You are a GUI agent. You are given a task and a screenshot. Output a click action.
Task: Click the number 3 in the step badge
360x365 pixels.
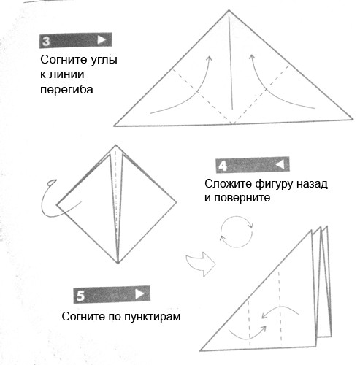coord(46,41)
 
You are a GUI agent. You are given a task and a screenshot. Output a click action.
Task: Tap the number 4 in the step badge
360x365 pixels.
coord(223,166)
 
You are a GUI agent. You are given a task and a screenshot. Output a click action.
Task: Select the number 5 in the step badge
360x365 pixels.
coord(80,296)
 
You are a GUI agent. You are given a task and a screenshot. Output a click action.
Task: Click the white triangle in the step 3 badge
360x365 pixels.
coord(102,40)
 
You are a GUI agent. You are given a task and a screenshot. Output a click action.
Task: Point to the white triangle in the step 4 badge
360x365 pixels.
coord(280,164)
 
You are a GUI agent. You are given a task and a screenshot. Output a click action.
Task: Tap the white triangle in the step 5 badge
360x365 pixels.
coord(139,294)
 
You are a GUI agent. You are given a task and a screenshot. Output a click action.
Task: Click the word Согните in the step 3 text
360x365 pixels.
coord(61,60)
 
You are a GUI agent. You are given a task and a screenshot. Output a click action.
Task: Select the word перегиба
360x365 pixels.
coord(66,90)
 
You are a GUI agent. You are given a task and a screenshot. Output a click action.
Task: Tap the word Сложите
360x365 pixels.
coord(228,184)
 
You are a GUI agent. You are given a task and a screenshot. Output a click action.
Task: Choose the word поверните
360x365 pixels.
coord(242,198)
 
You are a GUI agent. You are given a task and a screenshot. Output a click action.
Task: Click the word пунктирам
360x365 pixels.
coord(153,317)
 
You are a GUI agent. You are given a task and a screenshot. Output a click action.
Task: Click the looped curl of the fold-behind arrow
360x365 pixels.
coord(52,182)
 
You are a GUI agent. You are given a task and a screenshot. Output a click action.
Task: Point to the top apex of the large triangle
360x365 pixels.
coord(229,10)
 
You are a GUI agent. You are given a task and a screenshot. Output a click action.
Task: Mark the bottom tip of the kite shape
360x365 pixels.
coord(118,264)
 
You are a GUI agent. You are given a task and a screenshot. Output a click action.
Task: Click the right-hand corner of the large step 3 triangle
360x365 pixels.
coord(353,119)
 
